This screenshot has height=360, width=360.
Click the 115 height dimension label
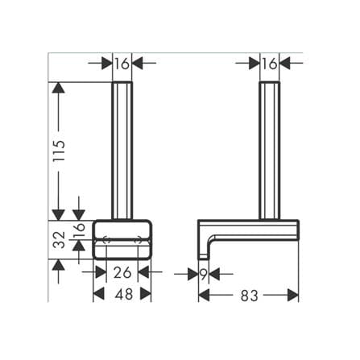pyautogui.click(x=59, y=151)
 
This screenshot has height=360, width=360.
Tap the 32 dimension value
pyautogui.click(x=59, y=240)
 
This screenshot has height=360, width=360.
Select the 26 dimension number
pyautogui.click(x=122, y=273)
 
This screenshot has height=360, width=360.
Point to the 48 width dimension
pyautogui.click(x=124, y=294)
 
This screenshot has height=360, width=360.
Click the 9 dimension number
pyautogui.click(x=203, y=275)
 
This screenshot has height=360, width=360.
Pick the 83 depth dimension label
pyautogui.click(x=249, y=296)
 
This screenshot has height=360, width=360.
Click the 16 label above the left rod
pyautogui.click(x=122, y=64)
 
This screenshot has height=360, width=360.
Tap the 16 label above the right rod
pyautogui.click(x=270, y=64)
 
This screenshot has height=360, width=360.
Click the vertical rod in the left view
pyautogui.click(x=122, y=151)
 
